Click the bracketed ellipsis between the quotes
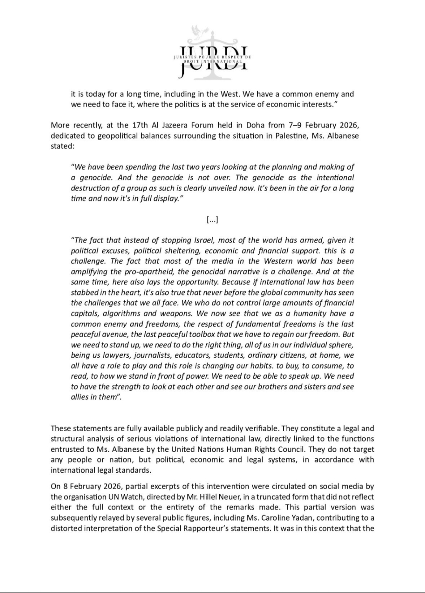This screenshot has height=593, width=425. pos(213,220)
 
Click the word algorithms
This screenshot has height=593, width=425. pos(115,314)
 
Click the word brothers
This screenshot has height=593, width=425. pos(267,386)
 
